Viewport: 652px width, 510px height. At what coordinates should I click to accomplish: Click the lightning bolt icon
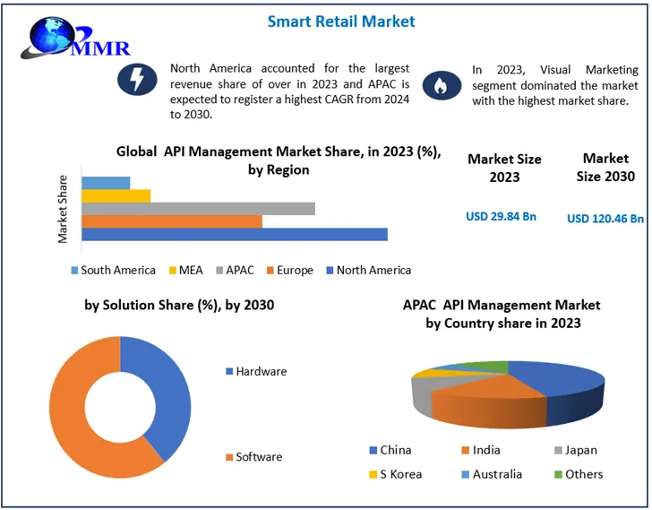click(136, 81)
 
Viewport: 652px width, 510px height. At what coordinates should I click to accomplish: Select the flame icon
click(439, 84)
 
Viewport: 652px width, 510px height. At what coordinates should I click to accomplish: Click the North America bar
click(234, 234)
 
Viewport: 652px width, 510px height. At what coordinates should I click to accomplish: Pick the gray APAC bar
click(197, 208)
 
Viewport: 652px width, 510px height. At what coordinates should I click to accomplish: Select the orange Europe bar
click(171, 221)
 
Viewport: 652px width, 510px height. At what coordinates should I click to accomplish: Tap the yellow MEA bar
click(116, 195)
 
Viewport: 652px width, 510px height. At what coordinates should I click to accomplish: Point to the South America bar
click(106, 183)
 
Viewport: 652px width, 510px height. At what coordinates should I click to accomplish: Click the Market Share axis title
click(64, 208)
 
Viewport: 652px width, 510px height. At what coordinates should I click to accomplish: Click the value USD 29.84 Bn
click(501, 216)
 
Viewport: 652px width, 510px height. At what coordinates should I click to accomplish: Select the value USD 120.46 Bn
click(605, 218)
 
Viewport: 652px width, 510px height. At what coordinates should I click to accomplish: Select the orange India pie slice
click(475, 399)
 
